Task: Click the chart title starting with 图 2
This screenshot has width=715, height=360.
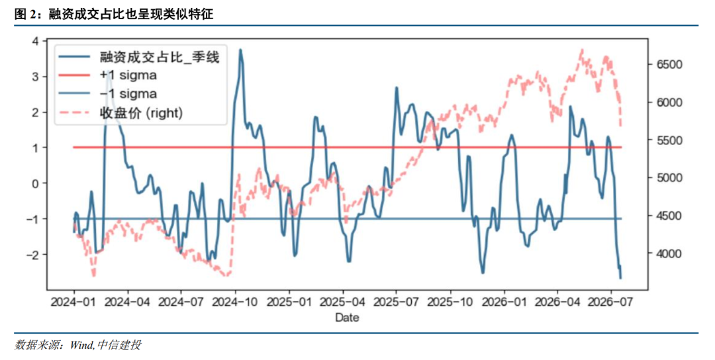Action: pos(114,14)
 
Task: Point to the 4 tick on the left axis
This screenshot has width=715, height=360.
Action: pos(36,41)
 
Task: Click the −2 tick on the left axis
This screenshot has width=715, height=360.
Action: pos(32,254)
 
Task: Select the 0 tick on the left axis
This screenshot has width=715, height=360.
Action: pos(36,183)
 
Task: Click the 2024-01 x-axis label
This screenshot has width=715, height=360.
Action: pos(74,302)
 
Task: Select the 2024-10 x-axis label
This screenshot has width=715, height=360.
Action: pos(235,302)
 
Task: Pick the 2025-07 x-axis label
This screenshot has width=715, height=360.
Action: pos(396,302)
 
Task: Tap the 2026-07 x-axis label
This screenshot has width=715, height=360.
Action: pos(610,302)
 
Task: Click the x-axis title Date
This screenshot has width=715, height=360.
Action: pos(347,318)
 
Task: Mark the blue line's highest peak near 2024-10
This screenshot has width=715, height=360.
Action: pos(240,50)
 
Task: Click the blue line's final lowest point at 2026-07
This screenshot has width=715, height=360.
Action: pos(620,278)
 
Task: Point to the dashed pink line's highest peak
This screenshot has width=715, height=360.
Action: pos(582,49)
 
